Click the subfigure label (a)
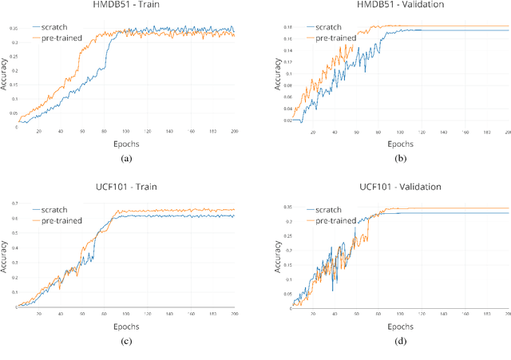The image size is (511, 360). tap(125, 159)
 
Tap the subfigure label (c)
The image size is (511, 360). tap(125, 342)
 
